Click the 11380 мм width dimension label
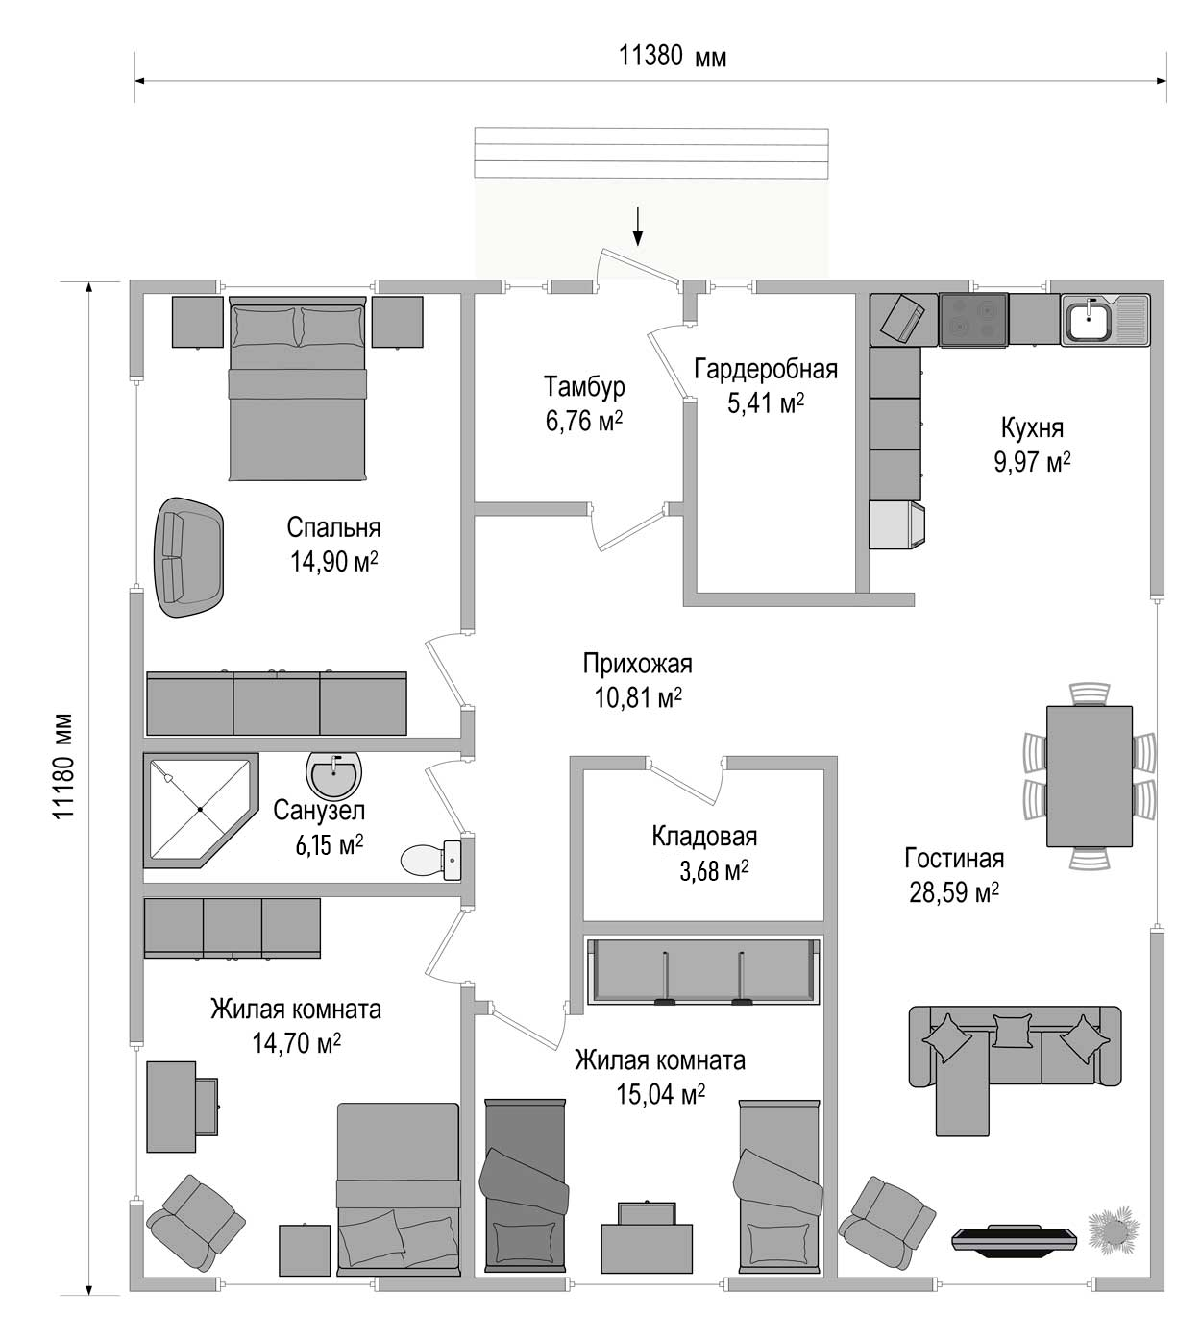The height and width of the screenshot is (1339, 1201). pyautogui.click(x=673, y=57)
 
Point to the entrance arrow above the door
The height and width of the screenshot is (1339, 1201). pyautogui.click(x=638, y=226)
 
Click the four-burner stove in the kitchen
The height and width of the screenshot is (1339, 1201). pyautogui.click(x=974, y=320)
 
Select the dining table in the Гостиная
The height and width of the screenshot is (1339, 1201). pyautogui.click(x=1090, y=776)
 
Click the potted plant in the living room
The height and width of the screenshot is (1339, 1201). pyautogui.click(x=1115, y=1228)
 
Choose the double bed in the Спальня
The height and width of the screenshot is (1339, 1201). pyautogui.click(x=298, y=388)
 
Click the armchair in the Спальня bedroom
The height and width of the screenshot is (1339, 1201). pyautogui.click(x=188, y=557)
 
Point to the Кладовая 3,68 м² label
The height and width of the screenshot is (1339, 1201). pyautogui.click(x=704, y=853)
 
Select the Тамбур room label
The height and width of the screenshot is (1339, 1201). pyautogui.click(x=584, y=387)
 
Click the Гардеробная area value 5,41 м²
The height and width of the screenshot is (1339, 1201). pyautogui.click(x=766, y=403)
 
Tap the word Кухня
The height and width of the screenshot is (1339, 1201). pyautogui.click(x=1032, y=427)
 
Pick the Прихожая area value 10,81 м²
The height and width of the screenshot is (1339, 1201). pyautogui.click(x=638, y=697)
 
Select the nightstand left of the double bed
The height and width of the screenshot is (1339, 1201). pyautogui.click(x=197, y=322)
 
